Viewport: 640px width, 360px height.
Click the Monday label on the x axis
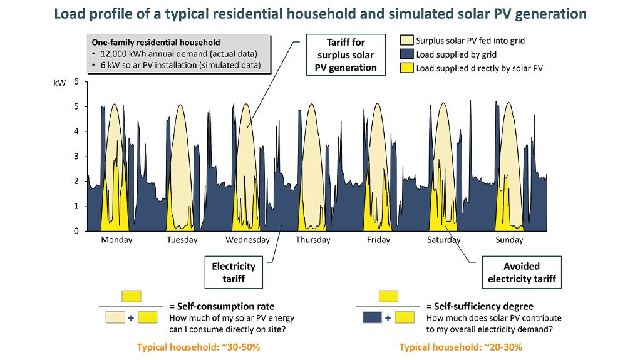[x=116, y=240]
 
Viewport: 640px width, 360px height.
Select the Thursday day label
[x=312, y=240]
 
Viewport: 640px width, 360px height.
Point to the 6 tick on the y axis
[x=76, y=81]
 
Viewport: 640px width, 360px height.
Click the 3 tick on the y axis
[x=76, y=157]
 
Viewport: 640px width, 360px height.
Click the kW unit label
[x=60, y=82]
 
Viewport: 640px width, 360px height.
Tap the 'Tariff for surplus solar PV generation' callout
[x=351, y=55]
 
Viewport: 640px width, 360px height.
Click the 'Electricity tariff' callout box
[x=234, y=272]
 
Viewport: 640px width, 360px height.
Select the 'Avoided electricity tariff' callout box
[x=522, y=272]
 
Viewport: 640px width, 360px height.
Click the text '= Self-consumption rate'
[x=222, y=307]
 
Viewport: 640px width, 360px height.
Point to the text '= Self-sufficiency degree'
[x=480, y=307]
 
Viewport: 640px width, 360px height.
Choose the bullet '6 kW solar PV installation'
[x=180, y=66]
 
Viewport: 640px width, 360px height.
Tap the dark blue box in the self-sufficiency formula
[x=373, y=318]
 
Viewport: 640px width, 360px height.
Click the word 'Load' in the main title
[x=70, y=13]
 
